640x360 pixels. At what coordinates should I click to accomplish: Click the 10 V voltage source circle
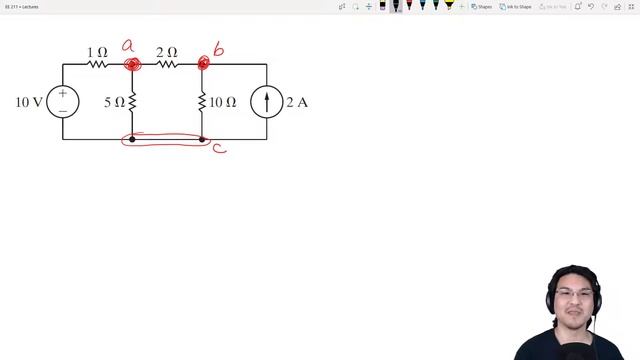[x=63, y=102]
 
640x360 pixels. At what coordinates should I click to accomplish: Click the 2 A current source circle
[x=267, y=102]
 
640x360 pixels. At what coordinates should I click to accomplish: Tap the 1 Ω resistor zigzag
[x=97, y=64]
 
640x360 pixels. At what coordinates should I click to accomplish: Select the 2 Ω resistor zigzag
[x=167, y=64]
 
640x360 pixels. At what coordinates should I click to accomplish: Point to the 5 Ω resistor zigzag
[x=132, y=102]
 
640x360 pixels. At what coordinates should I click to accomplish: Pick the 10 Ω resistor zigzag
[x=202, y=102]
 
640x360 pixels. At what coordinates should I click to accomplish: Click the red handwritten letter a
[x=128, y=46]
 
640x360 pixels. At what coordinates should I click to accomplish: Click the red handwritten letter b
[x=218, y=50]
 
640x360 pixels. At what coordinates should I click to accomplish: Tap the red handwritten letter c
[x=218, y=149]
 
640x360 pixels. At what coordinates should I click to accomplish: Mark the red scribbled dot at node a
[x=132, y=65]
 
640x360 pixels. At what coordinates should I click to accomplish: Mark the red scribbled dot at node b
[x=203, y=64]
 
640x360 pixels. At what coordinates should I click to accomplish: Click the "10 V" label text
[x=29, y=102]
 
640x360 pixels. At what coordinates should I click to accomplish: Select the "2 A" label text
[x=297, y=102]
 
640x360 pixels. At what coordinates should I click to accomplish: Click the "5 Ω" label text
[x=114, y=102]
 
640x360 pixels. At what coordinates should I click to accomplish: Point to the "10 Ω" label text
[x=223, y=102]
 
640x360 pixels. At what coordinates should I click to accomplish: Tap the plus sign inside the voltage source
[x=63, y=94]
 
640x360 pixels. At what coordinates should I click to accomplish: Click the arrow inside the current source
[x=267, y=102]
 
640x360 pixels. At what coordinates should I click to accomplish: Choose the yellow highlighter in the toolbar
[x=449, y=6]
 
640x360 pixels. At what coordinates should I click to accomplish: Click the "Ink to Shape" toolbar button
[x=516, y=6]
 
